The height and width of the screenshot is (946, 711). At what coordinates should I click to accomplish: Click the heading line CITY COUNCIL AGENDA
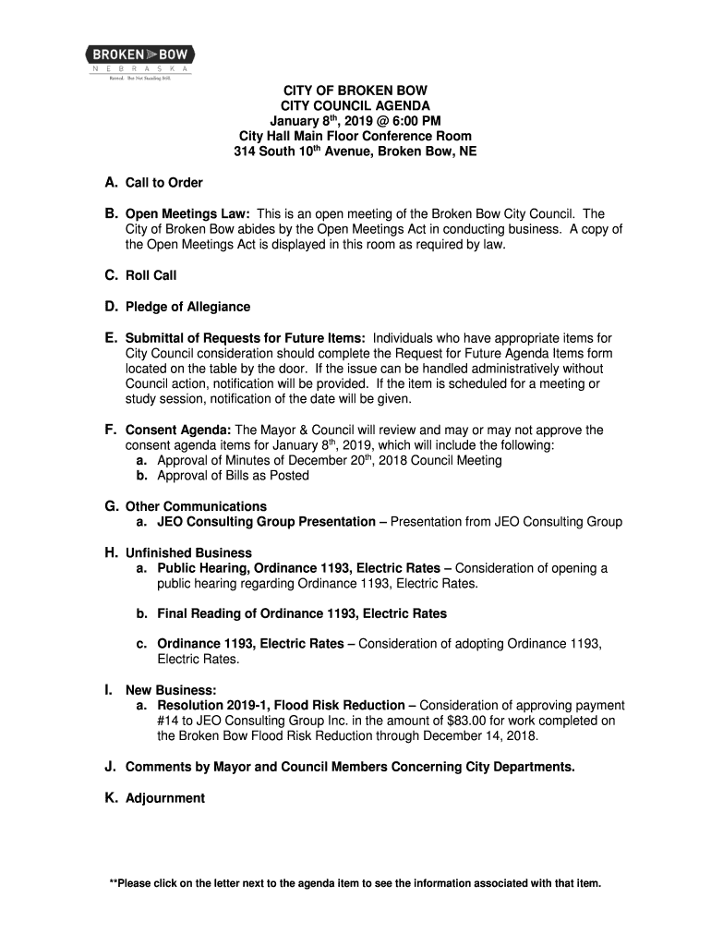tap(355, 106)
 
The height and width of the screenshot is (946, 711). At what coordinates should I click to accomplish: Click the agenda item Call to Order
tap(163, 183)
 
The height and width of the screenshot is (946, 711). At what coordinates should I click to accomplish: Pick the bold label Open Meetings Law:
tap(185, 213)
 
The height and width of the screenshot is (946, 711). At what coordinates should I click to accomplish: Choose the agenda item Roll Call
tap(151, 275)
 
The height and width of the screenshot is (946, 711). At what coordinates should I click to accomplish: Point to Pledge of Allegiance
tap(187, 307)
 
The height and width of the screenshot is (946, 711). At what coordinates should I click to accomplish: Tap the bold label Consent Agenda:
tap(179, 430)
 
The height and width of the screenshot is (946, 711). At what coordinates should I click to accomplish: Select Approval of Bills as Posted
tap(234, 476)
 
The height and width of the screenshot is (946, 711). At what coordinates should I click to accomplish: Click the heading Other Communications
tap(196, 506)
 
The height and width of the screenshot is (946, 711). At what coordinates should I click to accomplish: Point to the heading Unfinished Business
tap(188, 553)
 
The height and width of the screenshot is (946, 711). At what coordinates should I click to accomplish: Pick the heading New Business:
tap(171, 690)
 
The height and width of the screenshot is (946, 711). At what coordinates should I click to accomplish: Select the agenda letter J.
tap(110, 767)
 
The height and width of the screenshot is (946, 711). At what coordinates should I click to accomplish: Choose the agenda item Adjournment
tap(165, 798)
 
